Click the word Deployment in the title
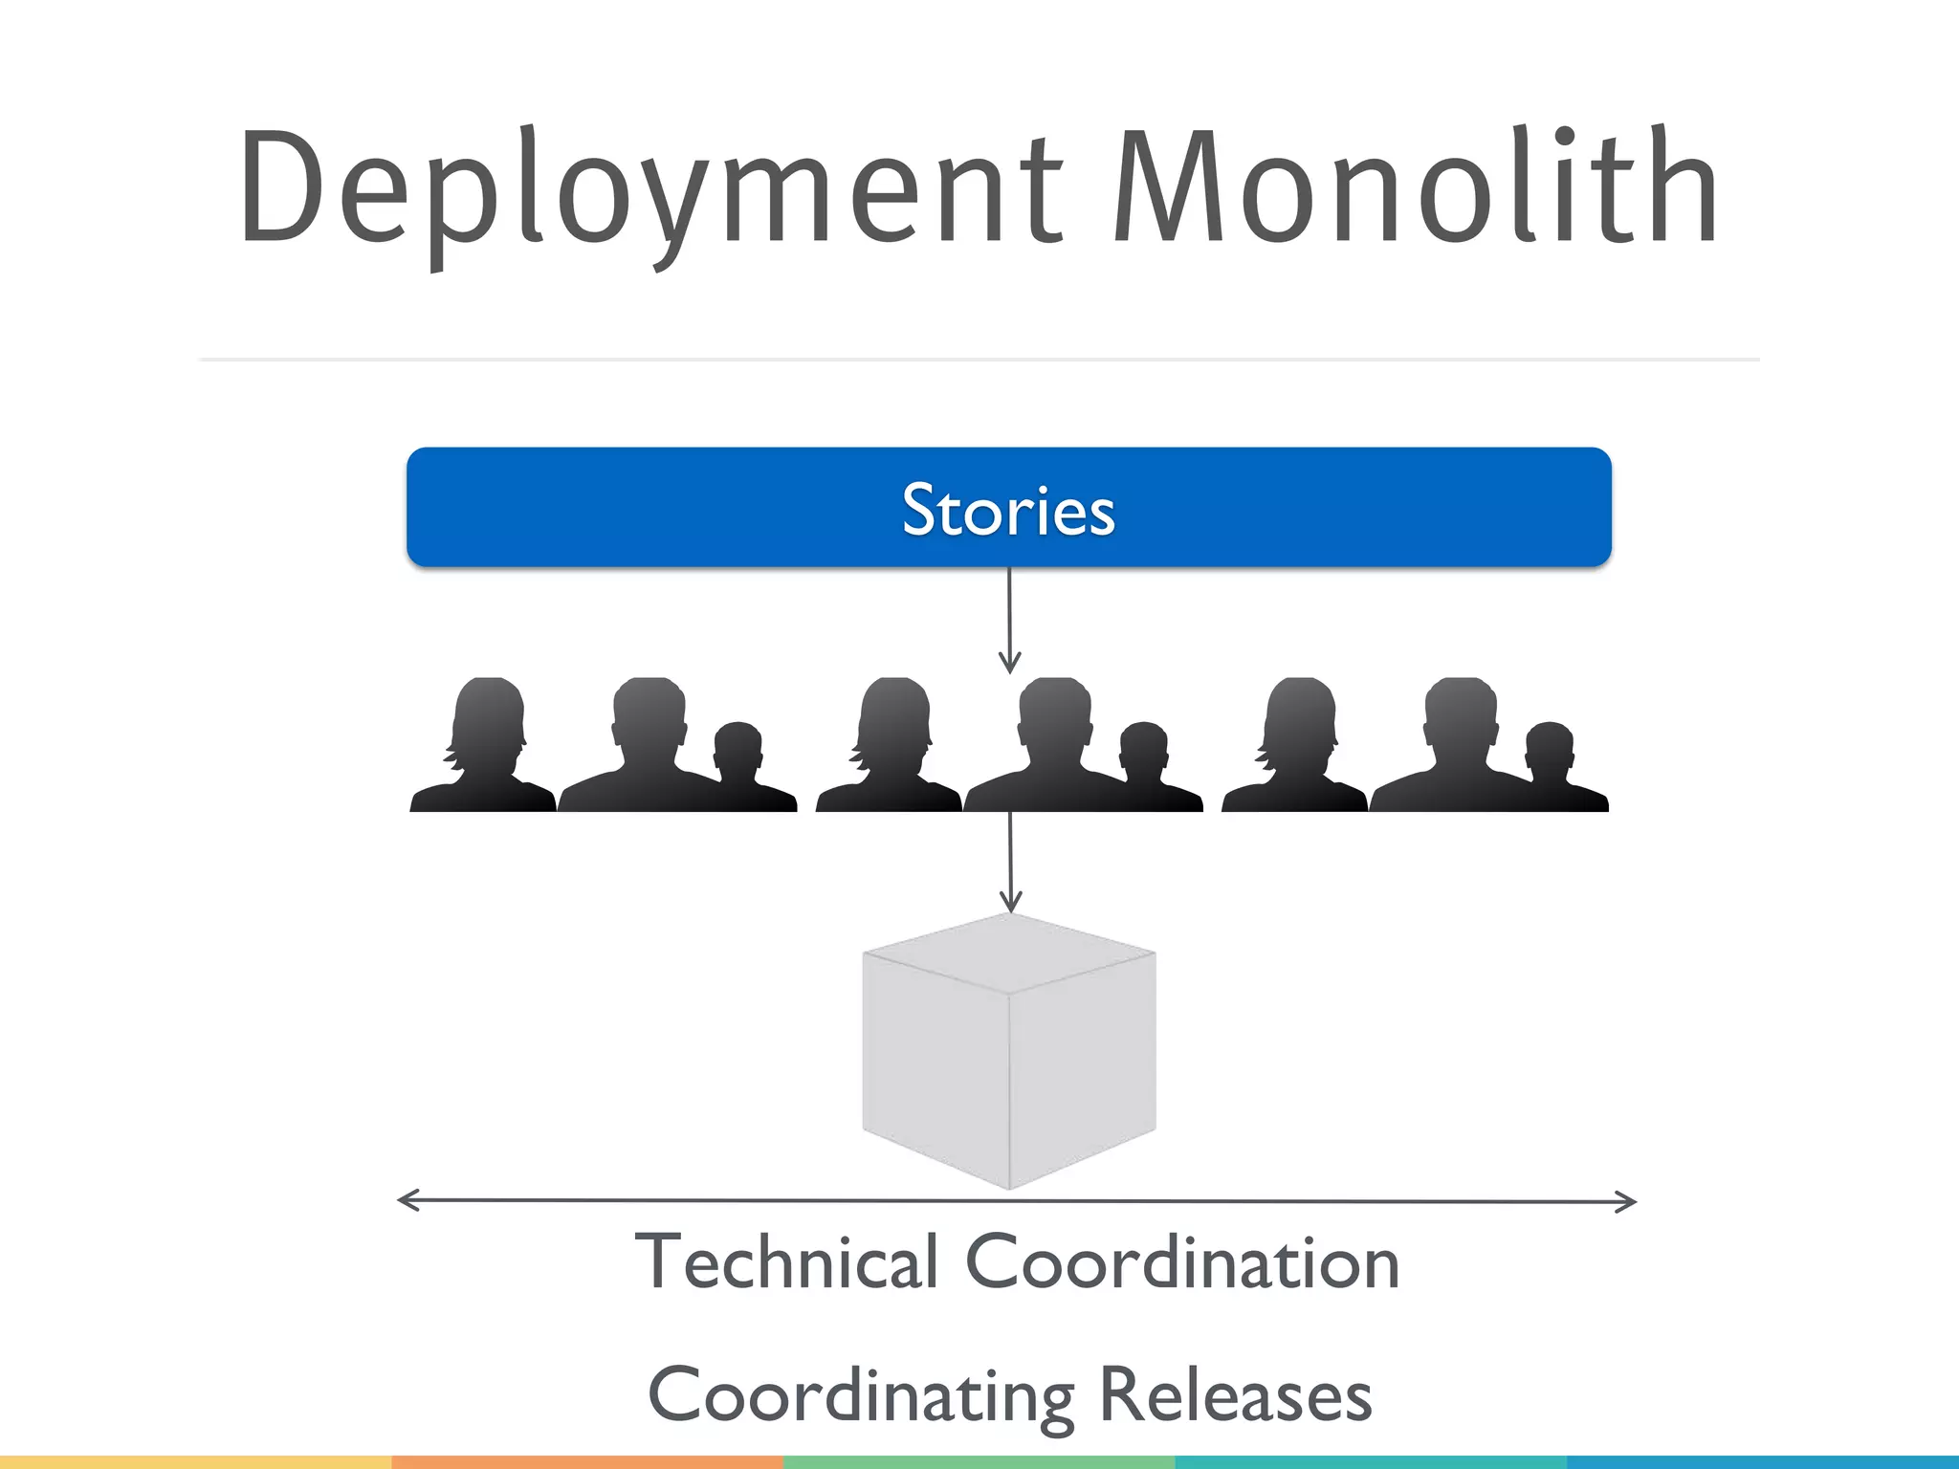tap(650, 191)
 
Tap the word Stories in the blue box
tap(1008, 510)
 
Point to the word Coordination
tap(1182, 1262)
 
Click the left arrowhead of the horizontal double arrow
tap(407, 1200)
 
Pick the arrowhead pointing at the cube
tap(1011, 901)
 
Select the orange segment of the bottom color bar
tap(587, 1462)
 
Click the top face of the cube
tap(1009, 953)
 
